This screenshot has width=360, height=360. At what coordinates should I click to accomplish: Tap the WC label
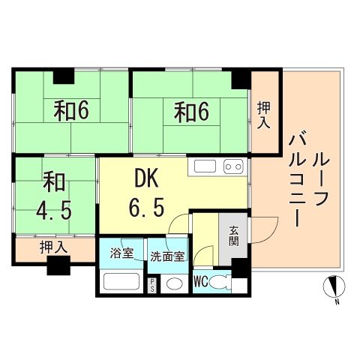[x=200, y=283]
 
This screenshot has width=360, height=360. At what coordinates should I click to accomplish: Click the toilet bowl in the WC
[x=219, y=283]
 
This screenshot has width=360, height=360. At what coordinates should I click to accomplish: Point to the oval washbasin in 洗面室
[x=175, y=283]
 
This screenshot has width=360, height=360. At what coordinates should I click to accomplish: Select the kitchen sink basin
[x=206, y=166]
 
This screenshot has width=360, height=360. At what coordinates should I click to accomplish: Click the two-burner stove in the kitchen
[x=232, y=166]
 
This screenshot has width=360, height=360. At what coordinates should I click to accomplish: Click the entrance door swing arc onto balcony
[x=266, y=225]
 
